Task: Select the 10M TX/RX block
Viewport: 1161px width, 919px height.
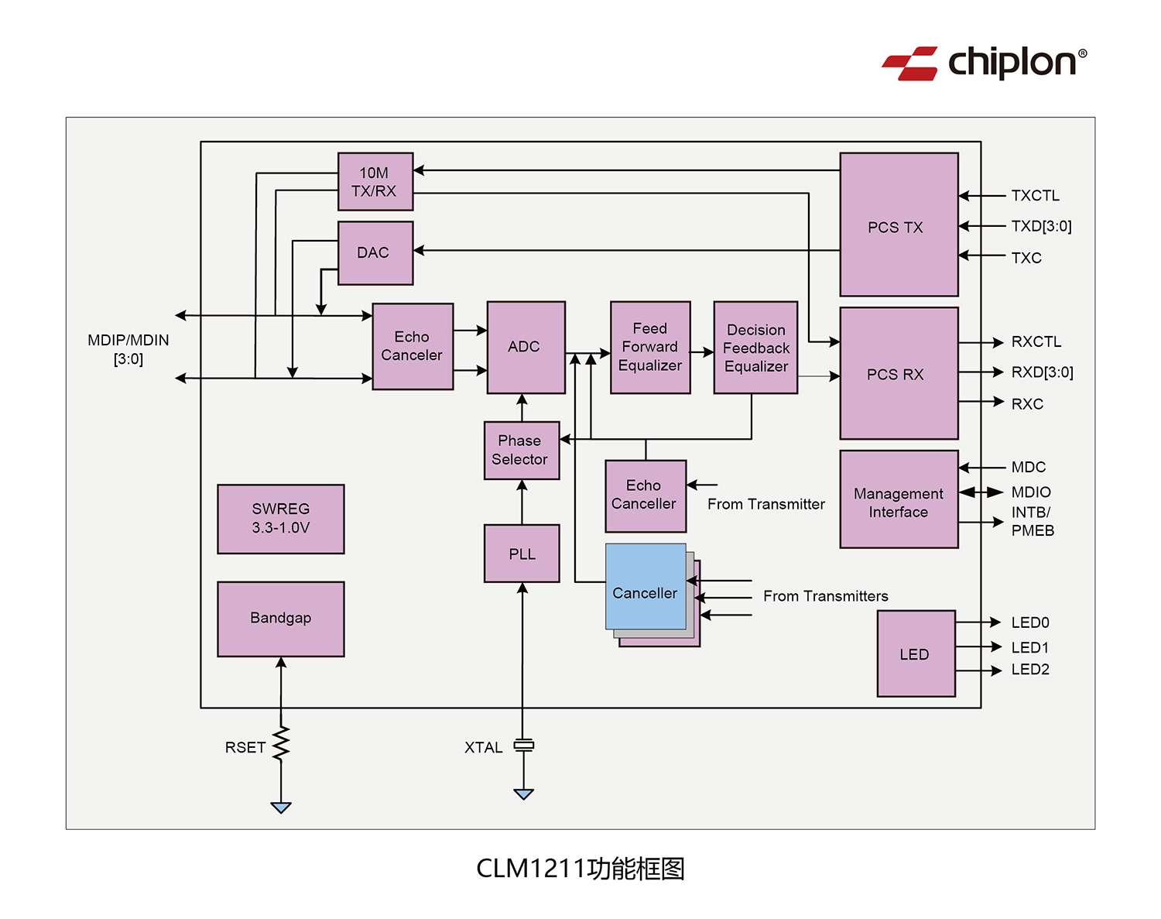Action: (x=375, y=182)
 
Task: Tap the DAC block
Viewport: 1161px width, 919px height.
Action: (x=375, y=253)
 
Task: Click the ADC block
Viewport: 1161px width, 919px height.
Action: (x=526, y=347)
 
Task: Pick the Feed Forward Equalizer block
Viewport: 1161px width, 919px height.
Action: (x=650, y=347)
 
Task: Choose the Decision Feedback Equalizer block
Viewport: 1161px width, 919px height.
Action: (x=755, y=348)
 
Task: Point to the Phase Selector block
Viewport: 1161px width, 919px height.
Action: (x=521, y=450)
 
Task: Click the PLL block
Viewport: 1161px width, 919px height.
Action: (x=522, y=554)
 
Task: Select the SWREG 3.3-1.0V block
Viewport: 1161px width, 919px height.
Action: (x=281, y=519)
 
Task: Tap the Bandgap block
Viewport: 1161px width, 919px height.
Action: (x=281, y=619)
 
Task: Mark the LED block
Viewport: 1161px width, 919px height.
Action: (x=916, y=653)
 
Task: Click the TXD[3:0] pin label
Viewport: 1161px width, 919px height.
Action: (x=1041, y=226)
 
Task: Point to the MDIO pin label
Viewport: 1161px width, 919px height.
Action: (x=1031, y=492)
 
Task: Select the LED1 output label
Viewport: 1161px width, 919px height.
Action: (x=1030, y=647)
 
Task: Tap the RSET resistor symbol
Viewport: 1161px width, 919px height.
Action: (x=281, y=743)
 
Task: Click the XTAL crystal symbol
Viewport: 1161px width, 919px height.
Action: (x=524, y=745)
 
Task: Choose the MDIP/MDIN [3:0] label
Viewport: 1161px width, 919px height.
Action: (x=128, y=349)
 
